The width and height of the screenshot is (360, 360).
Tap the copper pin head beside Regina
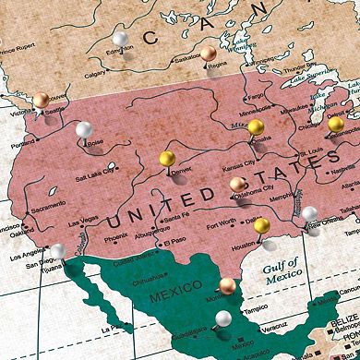[210, 53]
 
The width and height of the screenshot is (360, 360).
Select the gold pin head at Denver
[167, 159]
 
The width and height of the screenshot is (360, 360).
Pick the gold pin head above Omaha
[256, 126]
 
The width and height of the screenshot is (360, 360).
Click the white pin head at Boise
[84, 129]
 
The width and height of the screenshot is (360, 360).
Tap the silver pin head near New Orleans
[310, 213]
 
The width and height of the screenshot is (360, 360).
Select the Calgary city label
[94, 76]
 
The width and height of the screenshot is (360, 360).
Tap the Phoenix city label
[116, 236]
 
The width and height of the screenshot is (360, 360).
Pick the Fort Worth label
[221, 222]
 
